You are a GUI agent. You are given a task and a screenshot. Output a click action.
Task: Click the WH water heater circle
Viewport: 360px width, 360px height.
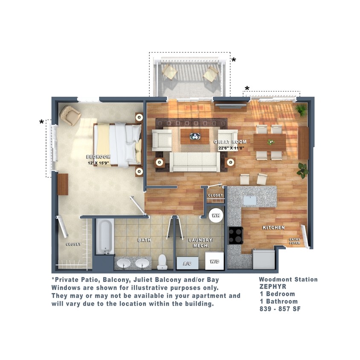pyautogui.click(x=216, y=215)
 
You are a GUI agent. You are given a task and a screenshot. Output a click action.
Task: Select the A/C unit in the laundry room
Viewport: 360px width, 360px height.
pyautogui.click(x=187, y=263)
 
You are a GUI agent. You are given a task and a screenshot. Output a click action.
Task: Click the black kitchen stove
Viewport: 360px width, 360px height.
pyautogui.click(x=235, y=235)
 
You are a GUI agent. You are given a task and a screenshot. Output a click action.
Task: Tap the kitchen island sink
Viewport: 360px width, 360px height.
pyautogui.click(x=250, y=200)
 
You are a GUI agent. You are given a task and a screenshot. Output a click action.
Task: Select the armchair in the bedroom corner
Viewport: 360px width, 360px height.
pyautogui.click(x=70, y=115)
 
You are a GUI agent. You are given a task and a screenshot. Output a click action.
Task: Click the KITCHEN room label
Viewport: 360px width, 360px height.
pyautogui.click(x=273, y=227)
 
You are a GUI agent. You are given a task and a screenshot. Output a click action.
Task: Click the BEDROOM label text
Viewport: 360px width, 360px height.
pyautogui.click(x=98, y=157)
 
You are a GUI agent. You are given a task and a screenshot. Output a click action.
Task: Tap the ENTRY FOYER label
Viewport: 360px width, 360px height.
pyautogui.click(x=295, y=241)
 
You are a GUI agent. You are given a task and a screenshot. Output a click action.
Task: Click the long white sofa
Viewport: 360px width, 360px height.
pyautogui.click(x=195, y=162)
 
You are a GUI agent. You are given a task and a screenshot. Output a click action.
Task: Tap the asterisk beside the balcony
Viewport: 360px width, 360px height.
pyautogui.click(x=234, y=60)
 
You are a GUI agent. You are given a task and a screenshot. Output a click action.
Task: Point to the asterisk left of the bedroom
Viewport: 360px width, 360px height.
pyautogui.click(x=42, y=122)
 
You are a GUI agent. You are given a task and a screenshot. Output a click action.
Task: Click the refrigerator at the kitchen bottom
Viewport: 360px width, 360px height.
pyautogui.click(x=264, y=259)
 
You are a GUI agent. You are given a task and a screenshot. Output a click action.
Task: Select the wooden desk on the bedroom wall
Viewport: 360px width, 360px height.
pyautogui.click(x=63, y=184)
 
